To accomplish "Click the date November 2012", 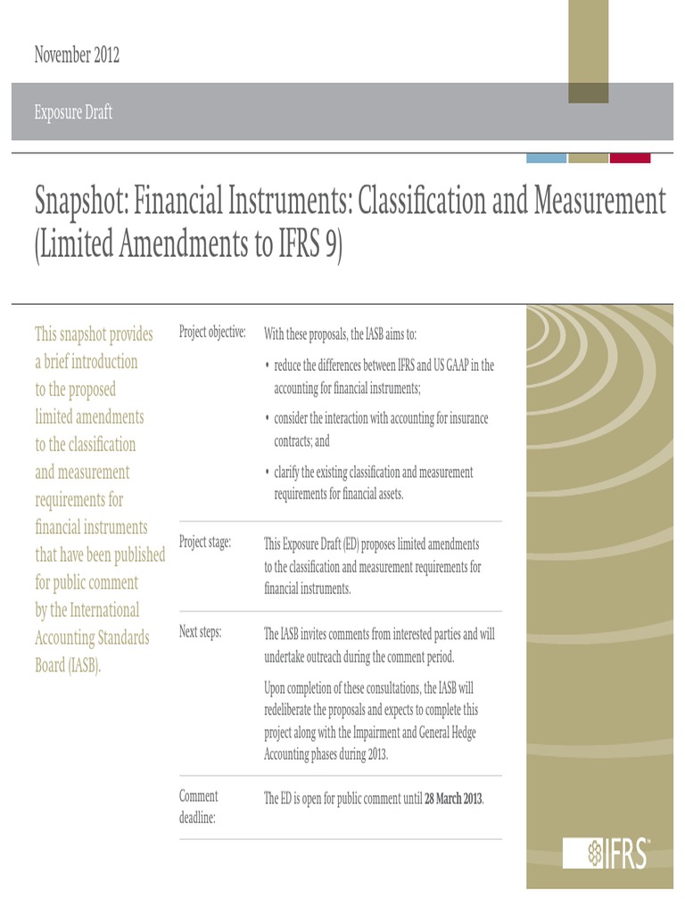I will coord(77,55).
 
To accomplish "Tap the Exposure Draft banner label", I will coord(73,113).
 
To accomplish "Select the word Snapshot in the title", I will coord(81,202).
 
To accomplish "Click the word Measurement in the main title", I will coord(599,202).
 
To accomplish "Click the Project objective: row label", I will coord(212,333).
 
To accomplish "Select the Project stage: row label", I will coord(205,542).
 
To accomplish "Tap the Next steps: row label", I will coord(201,632).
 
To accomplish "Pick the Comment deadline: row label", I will coord(199,805).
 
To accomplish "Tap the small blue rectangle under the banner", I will coord(547,158).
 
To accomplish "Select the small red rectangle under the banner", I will coord(630,158).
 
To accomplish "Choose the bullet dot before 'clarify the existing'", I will coord(268,473).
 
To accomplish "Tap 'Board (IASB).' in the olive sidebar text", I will coord(68,665).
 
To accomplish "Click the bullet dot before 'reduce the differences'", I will coord(268,366).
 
